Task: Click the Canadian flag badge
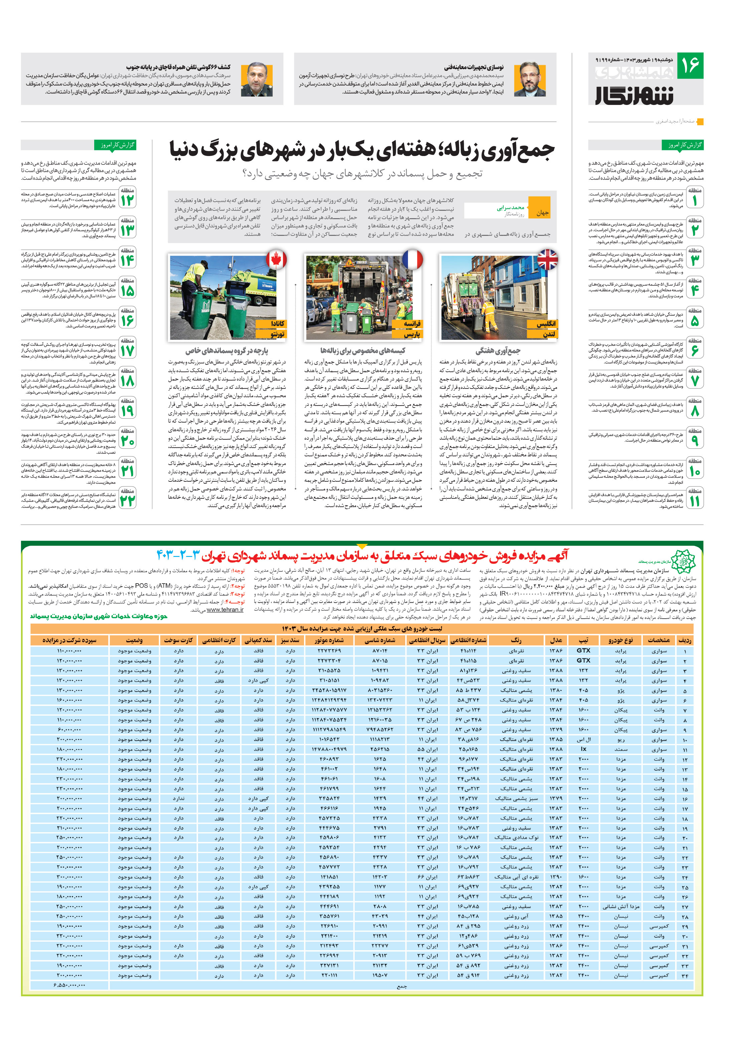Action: point(276,259)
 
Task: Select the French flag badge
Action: point(412,259)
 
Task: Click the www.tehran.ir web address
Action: point(225,610)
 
